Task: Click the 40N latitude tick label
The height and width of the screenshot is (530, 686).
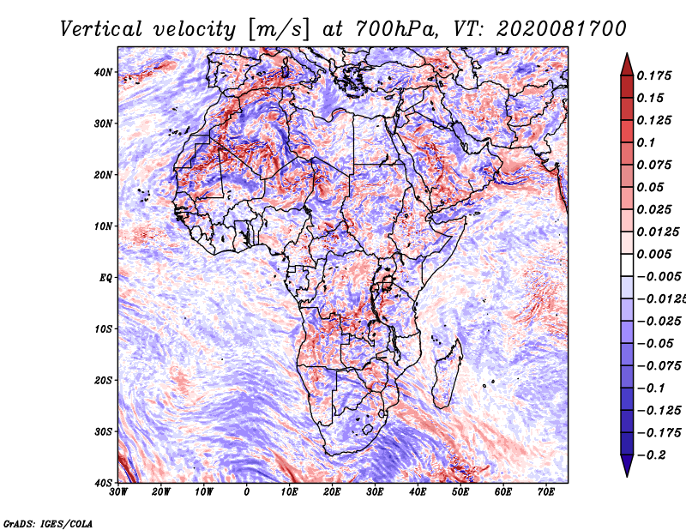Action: tap(103, 72)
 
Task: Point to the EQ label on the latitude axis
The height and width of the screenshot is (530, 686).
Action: tap(105, 278)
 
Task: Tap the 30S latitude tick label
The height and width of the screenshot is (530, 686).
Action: tap(103, 432)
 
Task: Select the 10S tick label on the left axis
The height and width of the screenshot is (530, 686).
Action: tap(103, 329)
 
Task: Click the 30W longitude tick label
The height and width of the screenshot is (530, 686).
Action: tap(118, 492)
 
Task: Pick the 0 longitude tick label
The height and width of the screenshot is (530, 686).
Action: tap(247, 492)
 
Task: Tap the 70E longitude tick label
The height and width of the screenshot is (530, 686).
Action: tap(546, 492)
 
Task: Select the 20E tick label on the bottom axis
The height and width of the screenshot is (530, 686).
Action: tap(332, 492)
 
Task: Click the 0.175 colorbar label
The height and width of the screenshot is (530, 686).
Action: tap(653, 76)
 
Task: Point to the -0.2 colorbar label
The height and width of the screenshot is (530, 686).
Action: tap(651, 455)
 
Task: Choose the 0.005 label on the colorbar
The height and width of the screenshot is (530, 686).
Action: tap(653, 254)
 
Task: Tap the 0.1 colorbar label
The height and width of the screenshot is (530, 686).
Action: tap(646, 142)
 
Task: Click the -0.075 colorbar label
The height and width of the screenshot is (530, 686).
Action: tap(659, 366)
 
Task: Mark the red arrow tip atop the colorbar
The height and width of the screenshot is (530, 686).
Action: tap(627, 54)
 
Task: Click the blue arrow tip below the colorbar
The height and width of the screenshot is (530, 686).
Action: tap(627, 476)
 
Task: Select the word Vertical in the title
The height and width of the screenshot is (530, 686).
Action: tap(100, 29)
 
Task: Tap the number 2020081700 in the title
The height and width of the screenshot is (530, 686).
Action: tap(561, 29)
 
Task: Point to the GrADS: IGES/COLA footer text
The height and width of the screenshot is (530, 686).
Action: tap(48, 523)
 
